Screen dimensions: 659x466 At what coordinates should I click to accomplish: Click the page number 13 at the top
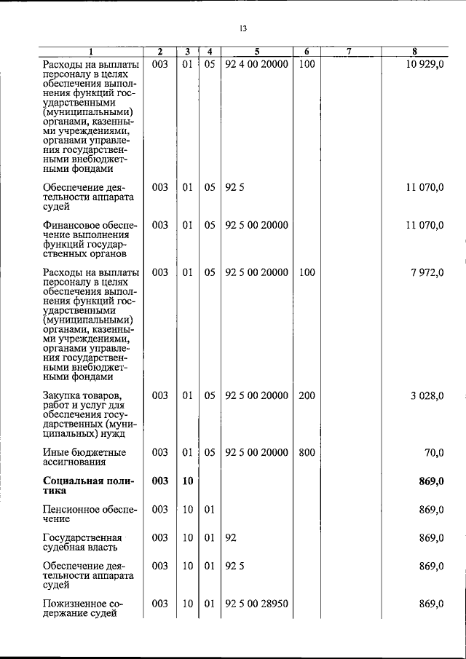coord(243,29)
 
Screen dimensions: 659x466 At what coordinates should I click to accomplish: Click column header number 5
coord(256,52)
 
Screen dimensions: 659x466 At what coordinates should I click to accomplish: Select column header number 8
coord(414,52)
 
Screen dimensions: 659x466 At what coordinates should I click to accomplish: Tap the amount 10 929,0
coord(424,65)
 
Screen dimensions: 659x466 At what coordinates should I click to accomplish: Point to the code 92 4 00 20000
coord(256,65)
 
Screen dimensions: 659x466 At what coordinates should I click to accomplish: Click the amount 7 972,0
coord(427,272)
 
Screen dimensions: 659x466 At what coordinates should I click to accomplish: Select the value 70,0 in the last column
coord(434,452)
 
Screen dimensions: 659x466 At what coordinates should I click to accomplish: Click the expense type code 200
coord(307,395)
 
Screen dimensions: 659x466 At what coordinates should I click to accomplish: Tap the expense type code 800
coord(307,452)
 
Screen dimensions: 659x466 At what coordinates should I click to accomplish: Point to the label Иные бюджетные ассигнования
coord(84,457)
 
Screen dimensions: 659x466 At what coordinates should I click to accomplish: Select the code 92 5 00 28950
coord(256,604)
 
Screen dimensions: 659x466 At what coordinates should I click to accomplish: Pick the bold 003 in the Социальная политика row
coord(159,481)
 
